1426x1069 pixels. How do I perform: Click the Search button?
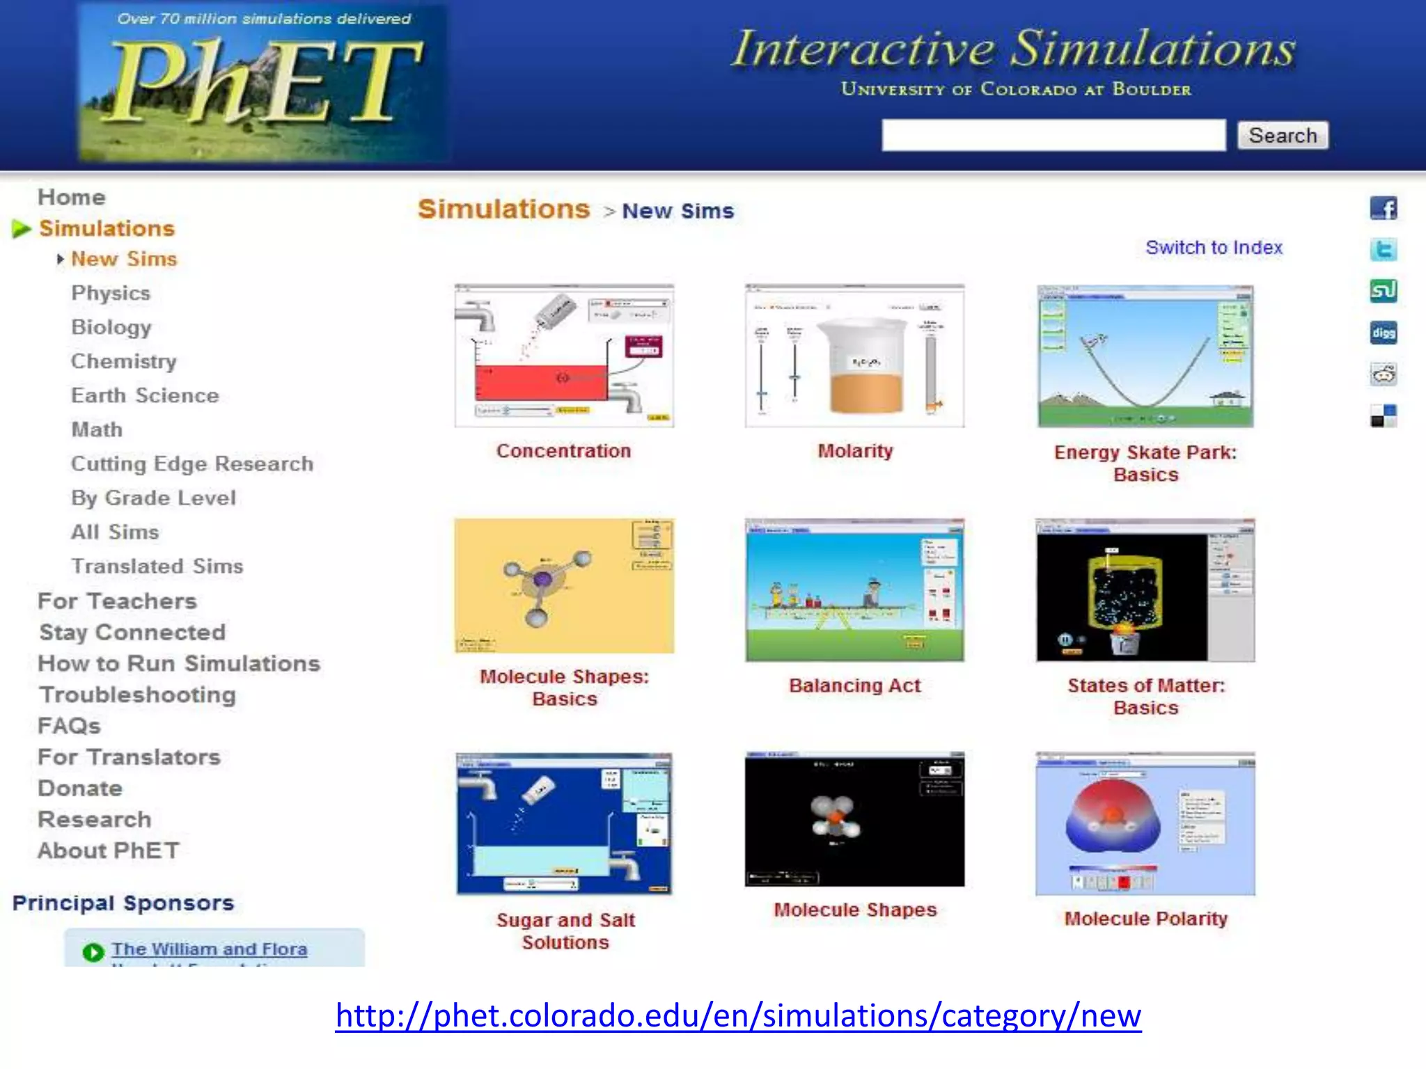[x=1283, y=135]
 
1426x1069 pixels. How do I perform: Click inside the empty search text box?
[x=1053, y=135]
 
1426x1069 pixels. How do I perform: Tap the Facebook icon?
[x=1383, y=208]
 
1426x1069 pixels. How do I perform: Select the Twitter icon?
[x=1383, y=249]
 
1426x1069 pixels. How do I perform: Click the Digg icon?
[x=1383, y=333]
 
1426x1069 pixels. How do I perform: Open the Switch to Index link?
[x=1214, y=248]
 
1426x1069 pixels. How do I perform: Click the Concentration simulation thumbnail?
[x=564, y=356]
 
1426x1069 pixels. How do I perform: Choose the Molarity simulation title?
[x=855, y=451]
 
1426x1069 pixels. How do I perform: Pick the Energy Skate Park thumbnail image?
[x=1145, y=356]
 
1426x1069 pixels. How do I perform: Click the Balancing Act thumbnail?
[x=855, y=590]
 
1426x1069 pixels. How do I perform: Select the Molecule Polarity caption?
[x=1145, y=919]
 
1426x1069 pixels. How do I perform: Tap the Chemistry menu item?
[x=124, y=361]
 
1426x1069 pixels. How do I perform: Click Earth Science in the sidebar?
[x=145, y=395]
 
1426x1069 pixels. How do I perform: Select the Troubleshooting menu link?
[x=138, y=695]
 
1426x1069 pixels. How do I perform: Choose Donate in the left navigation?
[x=80, y=789]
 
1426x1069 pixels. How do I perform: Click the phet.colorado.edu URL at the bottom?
[x=738, y=1015]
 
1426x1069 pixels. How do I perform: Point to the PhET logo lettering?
[x=265, y=82]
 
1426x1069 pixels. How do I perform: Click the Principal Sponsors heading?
[x=123, y=903]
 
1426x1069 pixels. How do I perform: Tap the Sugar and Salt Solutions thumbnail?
[x=564, y=823]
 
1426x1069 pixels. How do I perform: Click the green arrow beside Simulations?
[x=22, y=228]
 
